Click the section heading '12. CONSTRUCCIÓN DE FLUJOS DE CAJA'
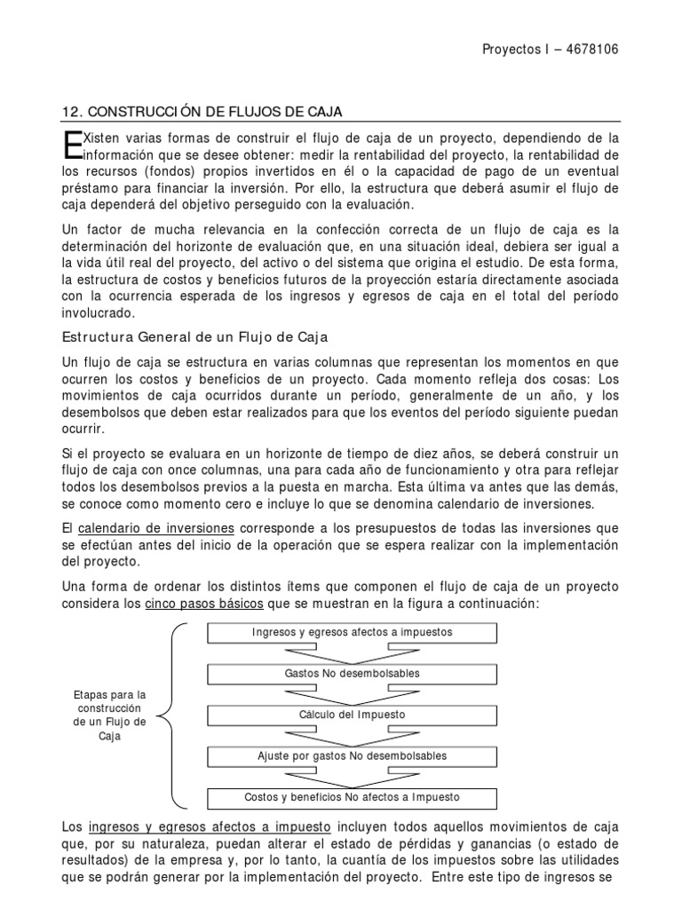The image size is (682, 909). [x=202, y=111]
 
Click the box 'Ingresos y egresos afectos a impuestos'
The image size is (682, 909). [x=353, y=632]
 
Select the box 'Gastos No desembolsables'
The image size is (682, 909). [x=353, y=673]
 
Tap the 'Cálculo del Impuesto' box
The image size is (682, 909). [x=353, y=715]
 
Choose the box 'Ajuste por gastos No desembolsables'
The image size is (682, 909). [x=353, y=755]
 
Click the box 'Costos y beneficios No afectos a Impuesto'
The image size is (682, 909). [x=353, y=797]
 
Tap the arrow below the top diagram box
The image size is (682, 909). [x=353, y=653]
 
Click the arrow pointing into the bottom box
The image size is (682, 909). [x=353, y=777]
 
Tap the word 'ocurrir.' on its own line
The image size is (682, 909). [x=83, y=428]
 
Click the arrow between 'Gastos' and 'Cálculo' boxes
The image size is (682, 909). [x=353, y=694]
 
